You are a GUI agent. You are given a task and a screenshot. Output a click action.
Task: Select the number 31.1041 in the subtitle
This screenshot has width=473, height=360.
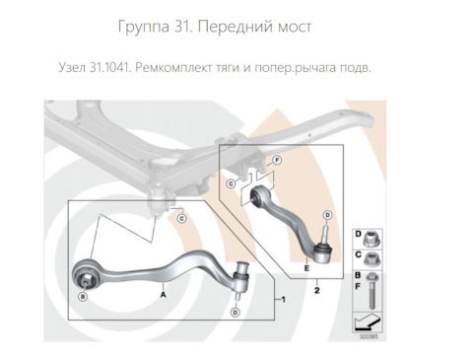coord(114,69)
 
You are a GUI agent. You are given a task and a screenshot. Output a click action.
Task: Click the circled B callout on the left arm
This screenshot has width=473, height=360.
coord(84,296)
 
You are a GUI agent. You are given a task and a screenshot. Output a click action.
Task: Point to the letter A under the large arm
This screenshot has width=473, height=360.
coord(162,294)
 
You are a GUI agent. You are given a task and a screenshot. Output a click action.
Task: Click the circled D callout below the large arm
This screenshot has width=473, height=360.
coord(235,313)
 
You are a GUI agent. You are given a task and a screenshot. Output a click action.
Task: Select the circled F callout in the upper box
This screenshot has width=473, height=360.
coord(277,160)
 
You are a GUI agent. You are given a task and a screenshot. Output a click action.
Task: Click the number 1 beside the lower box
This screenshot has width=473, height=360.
coord(284,298)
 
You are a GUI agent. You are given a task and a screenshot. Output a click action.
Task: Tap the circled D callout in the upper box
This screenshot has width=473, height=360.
coord(327,214)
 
